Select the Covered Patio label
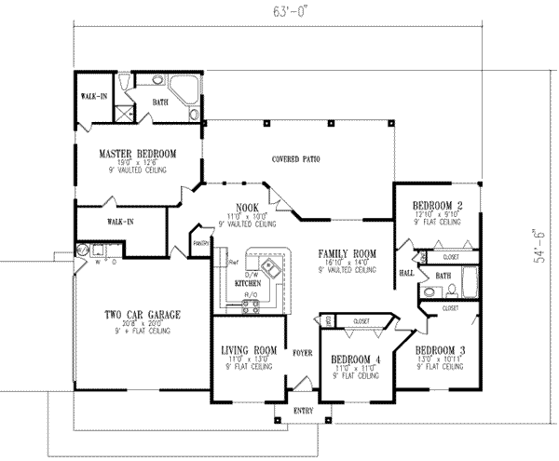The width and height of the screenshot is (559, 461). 296,159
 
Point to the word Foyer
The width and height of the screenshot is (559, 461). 301,354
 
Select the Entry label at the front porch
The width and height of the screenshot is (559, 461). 304,410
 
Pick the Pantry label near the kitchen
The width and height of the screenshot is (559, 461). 199,244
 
